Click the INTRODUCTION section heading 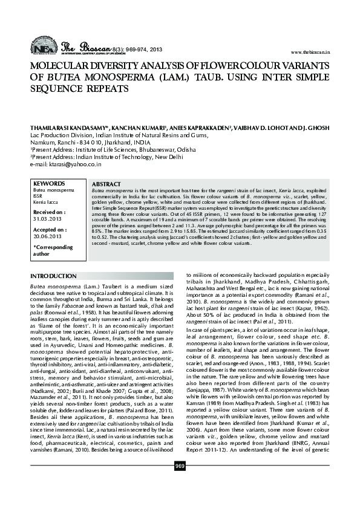(53, 276)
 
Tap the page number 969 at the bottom (180, 482)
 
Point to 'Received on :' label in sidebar (50, 212)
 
